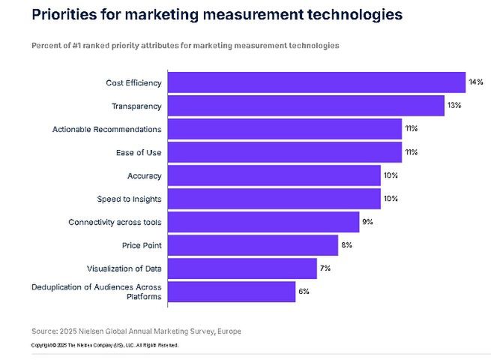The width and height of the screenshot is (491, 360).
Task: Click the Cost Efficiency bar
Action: pyautogui.click(x=316, y=82)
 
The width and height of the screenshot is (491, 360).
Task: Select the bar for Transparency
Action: pyautogui.click(x=306, y=106)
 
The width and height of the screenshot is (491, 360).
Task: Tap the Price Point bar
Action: pyautogui.click(x=253, y=245)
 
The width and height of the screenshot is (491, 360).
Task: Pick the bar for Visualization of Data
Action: pyautogui.click(x=242, y=268)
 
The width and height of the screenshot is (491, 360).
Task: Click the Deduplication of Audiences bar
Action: pyautogui.click(x=232, y=292)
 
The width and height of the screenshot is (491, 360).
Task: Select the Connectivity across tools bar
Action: pyautogui.click(x=263, y=222)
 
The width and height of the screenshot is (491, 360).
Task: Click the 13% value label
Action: pyautogui.click(x=454, y=106)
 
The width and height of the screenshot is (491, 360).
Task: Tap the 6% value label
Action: pyautogui.click(x=303, y=292)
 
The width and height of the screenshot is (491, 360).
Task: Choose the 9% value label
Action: pyautogui.click(x=367, y=222)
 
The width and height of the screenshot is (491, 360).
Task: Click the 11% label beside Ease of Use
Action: pyautogui.click(x=411, y=152)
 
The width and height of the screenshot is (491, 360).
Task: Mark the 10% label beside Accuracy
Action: pyautogui.click(x=390, y=175)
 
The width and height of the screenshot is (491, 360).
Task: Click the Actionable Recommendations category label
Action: pyautogui.click(x=106, y=130)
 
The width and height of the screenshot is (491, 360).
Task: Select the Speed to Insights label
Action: pyautogui.click(x=129, y=199)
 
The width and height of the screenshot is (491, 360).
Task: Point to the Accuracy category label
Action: pyautogui.click(x=144, y=175)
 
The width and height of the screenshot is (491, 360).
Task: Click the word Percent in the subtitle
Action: pyautogui.click(x=46, y=46)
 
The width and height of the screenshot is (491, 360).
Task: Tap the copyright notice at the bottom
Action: pyautogui.click(x=104, y=345)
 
